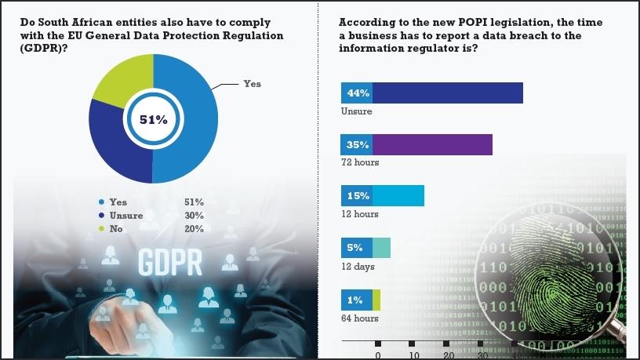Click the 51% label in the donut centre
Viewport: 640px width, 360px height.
click(x=153, y=120)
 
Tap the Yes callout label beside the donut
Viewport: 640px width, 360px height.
click(x=252, y=84)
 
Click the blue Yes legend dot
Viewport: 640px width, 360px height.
click(x=102, y=202)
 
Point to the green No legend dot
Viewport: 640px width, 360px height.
click(x=102, y=229)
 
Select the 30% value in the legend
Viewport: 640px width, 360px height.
click(x=195, y=216)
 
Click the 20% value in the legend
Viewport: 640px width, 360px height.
click(x=195, y=229)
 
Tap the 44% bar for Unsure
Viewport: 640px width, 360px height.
click(x=447, y=93)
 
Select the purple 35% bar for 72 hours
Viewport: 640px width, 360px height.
click(x=431, y=144)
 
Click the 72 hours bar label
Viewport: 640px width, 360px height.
click(x=359, y=162)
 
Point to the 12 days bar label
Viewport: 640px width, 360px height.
click(x=357, y=267)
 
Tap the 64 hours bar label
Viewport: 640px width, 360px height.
click(x=359, y=318)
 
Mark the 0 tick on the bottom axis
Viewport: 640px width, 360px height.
click(x=377, y=354)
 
